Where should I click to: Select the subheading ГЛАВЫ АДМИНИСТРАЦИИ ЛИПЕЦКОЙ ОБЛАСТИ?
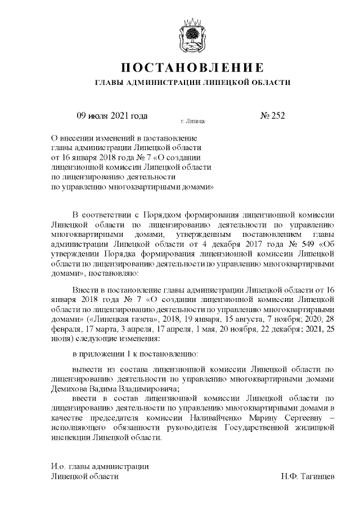tap(192, 83)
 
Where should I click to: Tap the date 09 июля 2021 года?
tap(111, 116)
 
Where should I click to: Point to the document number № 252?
tap(272, 116)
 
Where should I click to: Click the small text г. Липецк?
tap(192, 121)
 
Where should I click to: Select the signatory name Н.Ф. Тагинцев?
tap(308, 476)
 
